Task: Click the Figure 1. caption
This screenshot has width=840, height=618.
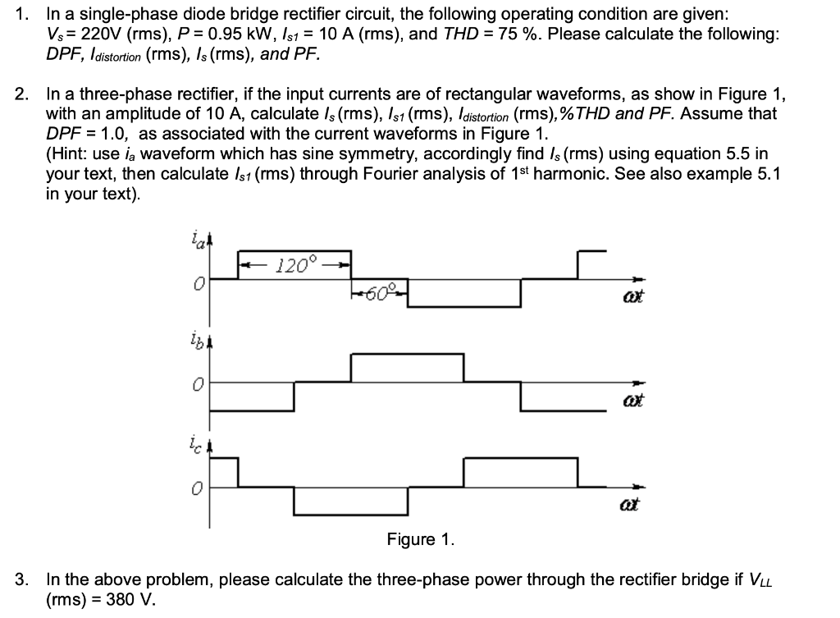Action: click(x=419, y=539)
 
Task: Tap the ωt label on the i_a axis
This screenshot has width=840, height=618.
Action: click(x=632, y=296)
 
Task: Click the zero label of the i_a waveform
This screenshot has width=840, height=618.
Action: click(x=197, y=282)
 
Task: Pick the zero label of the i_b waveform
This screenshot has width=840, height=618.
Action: click(x=197, y=383)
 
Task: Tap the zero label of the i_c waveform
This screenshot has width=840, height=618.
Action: click(x=197, y=488)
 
